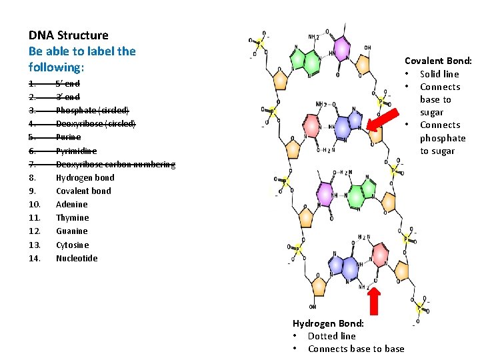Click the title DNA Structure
click(68, 35)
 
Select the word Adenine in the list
click(71, 205)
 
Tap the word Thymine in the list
click(72, 218)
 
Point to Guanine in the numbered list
click(71, 231)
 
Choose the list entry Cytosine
click(72, 245)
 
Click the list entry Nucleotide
click(77, 258)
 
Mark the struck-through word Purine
click(68, 137)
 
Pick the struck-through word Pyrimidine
click(76, 151)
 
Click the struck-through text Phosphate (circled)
click(93, 111)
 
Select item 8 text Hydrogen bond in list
click(85, 177)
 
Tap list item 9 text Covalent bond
click(83, 191)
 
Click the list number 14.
click(35, 258)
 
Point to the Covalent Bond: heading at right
click(438, 61)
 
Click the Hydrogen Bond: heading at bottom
click(328, 323)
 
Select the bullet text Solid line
click(439, 74)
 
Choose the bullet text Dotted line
click(331, 336)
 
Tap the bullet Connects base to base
click(356, 349)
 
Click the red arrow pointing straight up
click(374, 299)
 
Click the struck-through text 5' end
click(67, 84)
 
